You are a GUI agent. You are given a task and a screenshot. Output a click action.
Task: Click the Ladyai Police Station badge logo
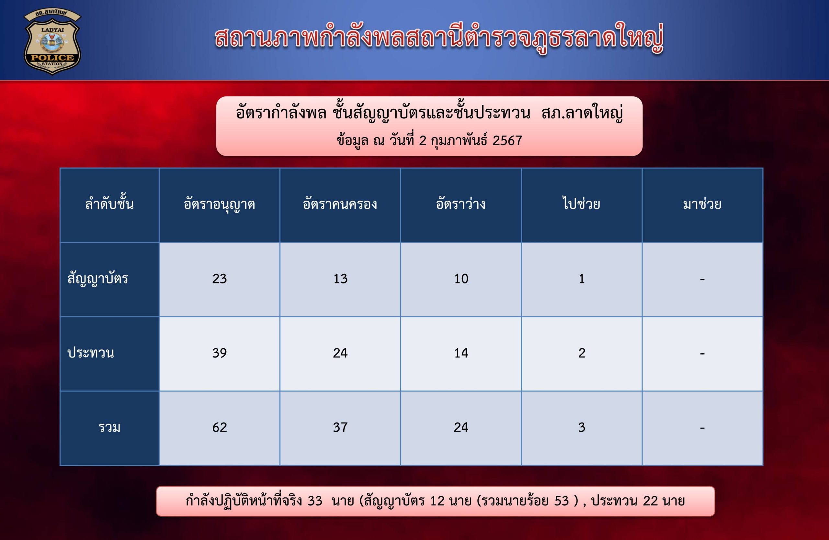click(x=52, y=42)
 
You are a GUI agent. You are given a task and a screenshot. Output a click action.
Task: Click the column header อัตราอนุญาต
click(x=220, y=204)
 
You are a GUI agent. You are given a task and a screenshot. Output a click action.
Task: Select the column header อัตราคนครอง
click(x=340, y=204)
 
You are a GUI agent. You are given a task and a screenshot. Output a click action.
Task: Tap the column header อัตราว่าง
click(x=460, y=204)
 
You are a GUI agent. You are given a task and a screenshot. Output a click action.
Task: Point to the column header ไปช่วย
click(x=581, y=204)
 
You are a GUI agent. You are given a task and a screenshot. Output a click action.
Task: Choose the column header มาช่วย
click(x=702, y=204)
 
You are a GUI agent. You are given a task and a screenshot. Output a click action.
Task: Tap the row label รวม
click(x=109, y=428)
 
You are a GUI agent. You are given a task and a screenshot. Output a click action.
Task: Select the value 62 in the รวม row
click(x=220, y=428)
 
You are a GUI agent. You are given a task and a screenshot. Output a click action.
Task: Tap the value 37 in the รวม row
click(x=340, y=428)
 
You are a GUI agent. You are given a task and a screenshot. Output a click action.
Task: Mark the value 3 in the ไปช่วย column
click(x=582, y=428)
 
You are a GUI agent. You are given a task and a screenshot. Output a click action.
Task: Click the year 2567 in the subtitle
click(x=507, y=140)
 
